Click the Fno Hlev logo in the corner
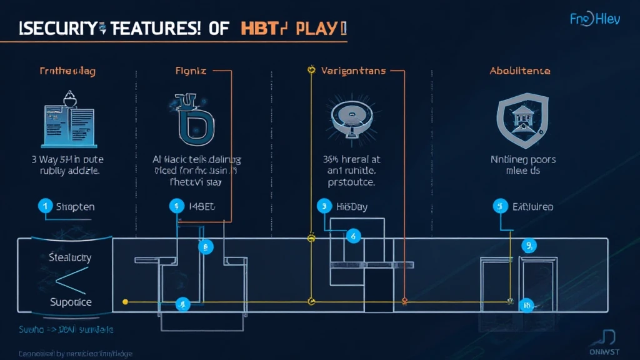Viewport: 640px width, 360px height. [x=594, y=19]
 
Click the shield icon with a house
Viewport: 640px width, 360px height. [x=519, y=119]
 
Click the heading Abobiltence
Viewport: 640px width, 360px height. [x=519, y=71]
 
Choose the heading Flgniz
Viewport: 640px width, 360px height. [x=191, y=71]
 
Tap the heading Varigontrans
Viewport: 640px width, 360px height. [x=353, y=71]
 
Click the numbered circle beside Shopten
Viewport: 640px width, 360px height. [x=45, y=206]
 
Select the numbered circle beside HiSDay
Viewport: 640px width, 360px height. [x=324, y=206]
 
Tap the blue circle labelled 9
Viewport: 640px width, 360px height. [x=528, y=246]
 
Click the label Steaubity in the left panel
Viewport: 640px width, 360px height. [x=70, y=257]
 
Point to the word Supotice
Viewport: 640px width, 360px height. [x=71, y=302]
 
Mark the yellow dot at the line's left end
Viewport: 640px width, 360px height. [x=125, y=302]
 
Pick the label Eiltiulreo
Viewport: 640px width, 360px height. [x=532, y=206]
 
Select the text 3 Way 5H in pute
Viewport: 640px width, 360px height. [x=67, y=159]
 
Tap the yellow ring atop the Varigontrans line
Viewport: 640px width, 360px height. [x=311, y=71]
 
